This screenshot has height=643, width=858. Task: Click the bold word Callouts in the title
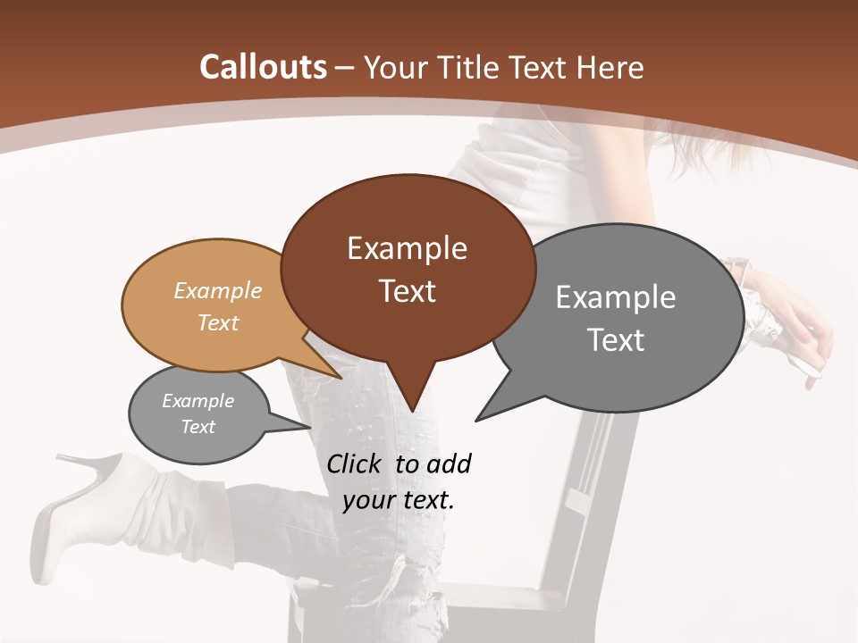(x=263, y=67)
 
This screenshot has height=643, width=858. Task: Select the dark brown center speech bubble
(x=408, y=268)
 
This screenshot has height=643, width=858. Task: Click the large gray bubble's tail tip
(x=476, y=420)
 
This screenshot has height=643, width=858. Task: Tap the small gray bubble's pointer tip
(x=309, y=427)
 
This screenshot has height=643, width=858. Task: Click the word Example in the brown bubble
(x=408, y=248)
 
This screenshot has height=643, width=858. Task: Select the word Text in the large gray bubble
(x=617, y=340)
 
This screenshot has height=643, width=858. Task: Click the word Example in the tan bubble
(x=218, y=290)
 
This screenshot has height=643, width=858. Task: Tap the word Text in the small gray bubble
(x=198, y=427)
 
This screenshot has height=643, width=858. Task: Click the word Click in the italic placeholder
(x=357, y=463)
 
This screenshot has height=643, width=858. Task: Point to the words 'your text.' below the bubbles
(x=399, y=500)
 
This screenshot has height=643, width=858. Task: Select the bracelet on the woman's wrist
(x=738, y=268)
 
